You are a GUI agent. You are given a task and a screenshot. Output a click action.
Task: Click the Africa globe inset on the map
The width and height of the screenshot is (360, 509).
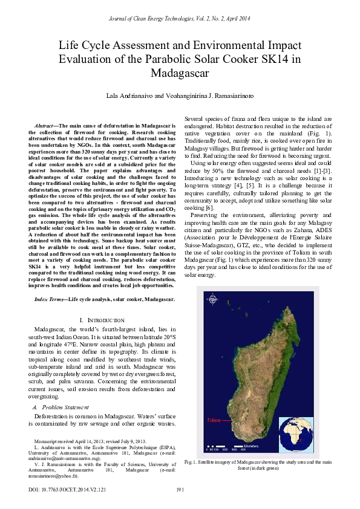296,435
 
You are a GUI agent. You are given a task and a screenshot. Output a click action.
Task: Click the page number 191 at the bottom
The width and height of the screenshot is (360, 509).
180,488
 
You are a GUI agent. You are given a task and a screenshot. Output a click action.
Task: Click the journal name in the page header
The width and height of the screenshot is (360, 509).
180,19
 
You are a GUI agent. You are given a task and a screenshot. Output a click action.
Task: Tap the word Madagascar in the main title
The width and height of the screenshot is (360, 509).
180,74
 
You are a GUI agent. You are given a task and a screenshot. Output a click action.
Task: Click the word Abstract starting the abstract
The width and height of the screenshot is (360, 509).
47,125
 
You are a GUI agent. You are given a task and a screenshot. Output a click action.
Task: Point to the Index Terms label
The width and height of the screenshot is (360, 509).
50,299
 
